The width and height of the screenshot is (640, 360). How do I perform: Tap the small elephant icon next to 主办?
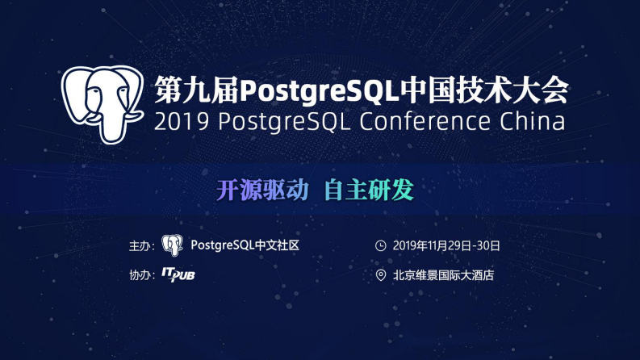pos(172,245)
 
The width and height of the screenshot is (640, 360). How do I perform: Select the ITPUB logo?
pos(178,275)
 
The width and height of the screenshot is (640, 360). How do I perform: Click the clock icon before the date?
pos(381,245)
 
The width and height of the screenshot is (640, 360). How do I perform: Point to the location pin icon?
pos(381,275)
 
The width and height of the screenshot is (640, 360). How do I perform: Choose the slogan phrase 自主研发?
pos(369,190)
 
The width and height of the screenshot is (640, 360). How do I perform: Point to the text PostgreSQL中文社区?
pos(245,245)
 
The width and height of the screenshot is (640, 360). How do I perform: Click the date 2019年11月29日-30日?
pos(446,245)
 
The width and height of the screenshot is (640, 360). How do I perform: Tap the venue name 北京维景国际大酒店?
pos(443,275)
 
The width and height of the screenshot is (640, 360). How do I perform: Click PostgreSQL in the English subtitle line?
pos(286,122)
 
